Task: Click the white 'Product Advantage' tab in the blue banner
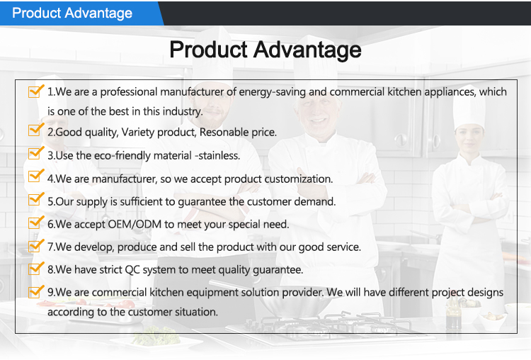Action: pos(72,13)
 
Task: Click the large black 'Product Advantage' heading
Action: pos(265,50)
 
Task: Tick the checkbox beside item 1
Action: pos(35,91)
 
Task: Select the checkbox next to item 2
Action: pos(35,131)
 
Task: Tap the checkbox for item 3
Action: pos(35,154)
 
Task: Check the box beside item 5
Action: pos(35,201)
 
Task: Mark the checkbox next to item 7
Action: pos(35,246)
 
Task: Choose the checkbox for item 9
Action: pos(35,291)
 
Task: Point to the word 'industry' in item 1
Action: pos(182,111)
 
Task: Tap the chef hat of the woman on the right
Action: pos(468,107)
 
